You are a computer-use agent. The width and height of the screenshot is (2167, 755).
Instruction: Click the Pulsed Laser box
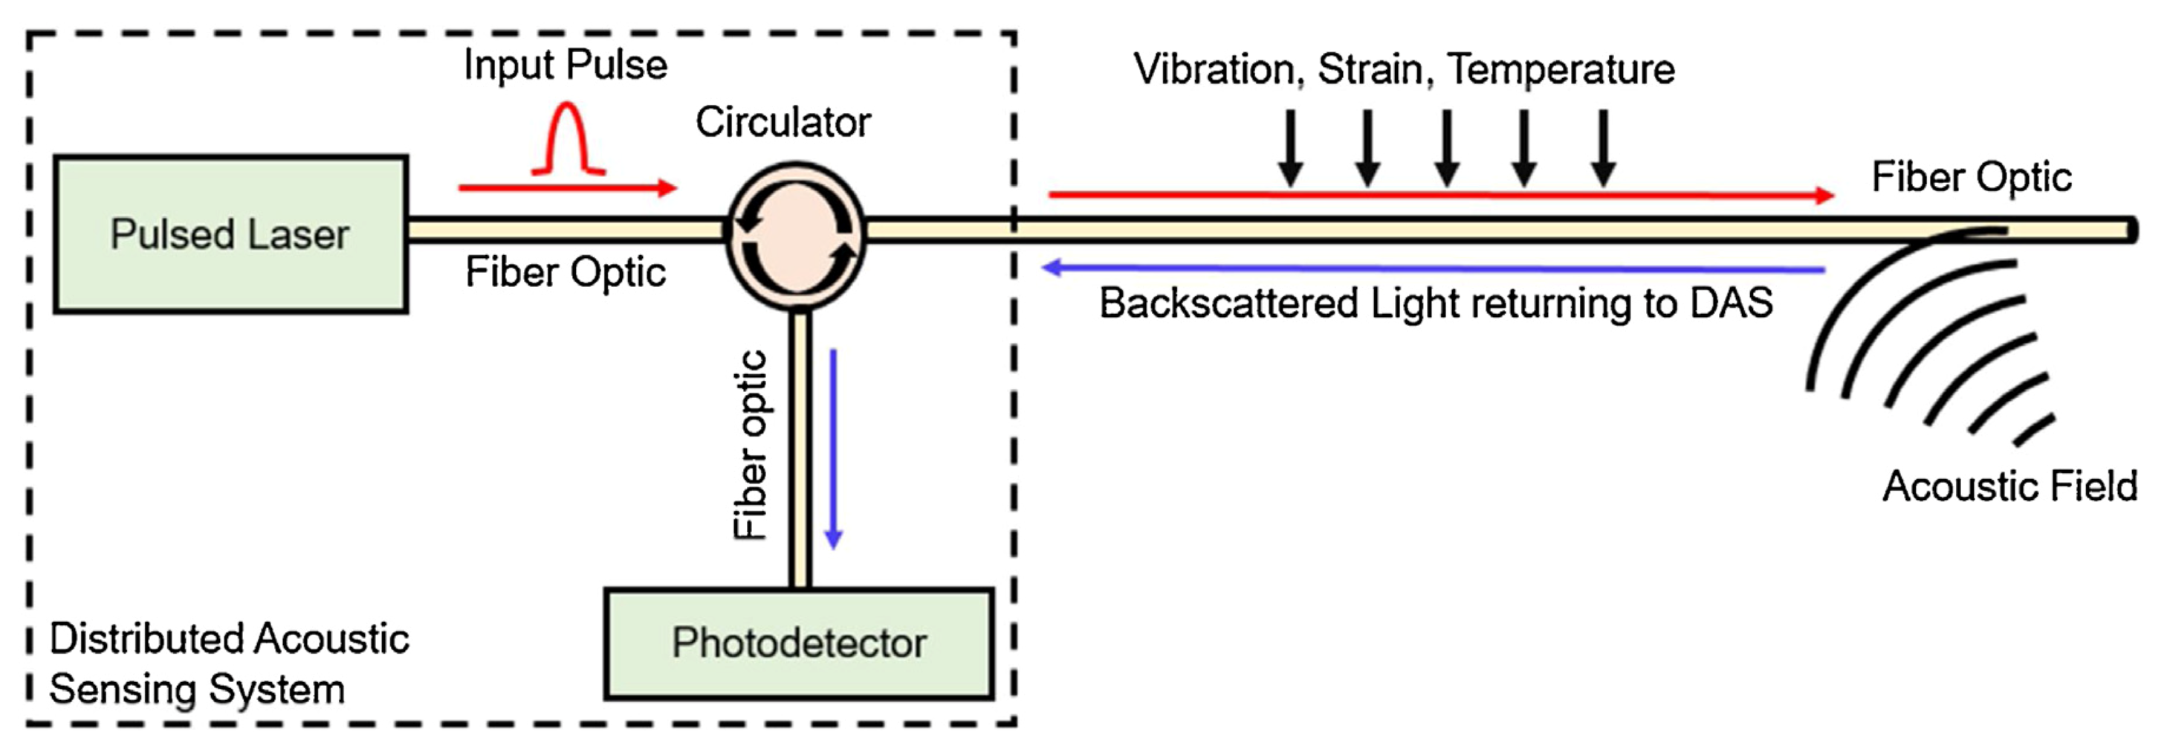230,234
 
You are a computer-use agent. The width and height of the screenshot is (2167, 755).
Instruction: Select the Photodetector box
798,643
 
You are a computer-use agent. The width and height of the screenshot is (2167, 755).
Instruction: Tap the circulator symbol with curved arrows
796,230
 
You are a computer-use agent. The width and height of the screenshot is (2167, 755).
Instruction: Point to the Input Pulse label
566,65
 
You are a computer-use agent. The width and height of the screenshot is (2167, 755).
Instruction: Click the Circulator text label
783,122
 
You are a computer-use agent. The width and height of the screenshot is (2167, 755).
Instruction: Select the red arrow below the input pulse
567,187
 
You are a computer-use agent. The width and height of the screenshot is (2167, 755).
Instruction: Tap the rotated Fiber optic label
751,444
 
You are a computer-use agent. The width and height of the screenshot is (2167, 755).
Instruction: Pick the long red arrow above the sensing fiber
1440,196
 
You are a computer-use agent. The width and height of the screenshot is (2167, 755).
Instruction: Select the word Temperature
1561,69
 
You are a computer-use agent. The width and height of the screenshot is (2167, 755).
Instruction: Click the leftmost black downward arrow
1290,147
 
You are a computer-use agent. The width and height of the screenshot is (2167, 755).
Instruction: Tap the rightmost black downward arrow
1604,147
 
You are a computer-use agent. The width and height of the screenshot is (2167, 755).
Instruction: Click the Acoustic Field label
2009,486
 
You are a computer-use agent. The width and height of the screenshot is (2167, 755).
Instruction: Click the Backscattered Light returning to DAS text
1435,303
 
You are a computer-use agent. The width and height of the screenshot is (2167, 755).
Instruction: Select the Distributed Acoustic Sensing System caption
228,664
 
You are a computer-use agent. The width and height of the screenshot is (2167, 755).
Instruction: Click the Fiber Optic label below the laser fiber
566,272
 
